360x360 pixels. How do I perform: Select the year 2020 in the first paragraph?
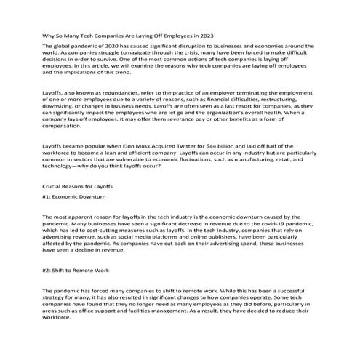click(x=104, y=46)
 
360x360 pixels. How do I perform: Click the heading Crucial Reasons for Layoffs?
click(x=72, y=187)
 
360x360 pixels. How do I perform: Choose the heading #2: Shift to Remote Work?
click(x=76, y=270)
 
